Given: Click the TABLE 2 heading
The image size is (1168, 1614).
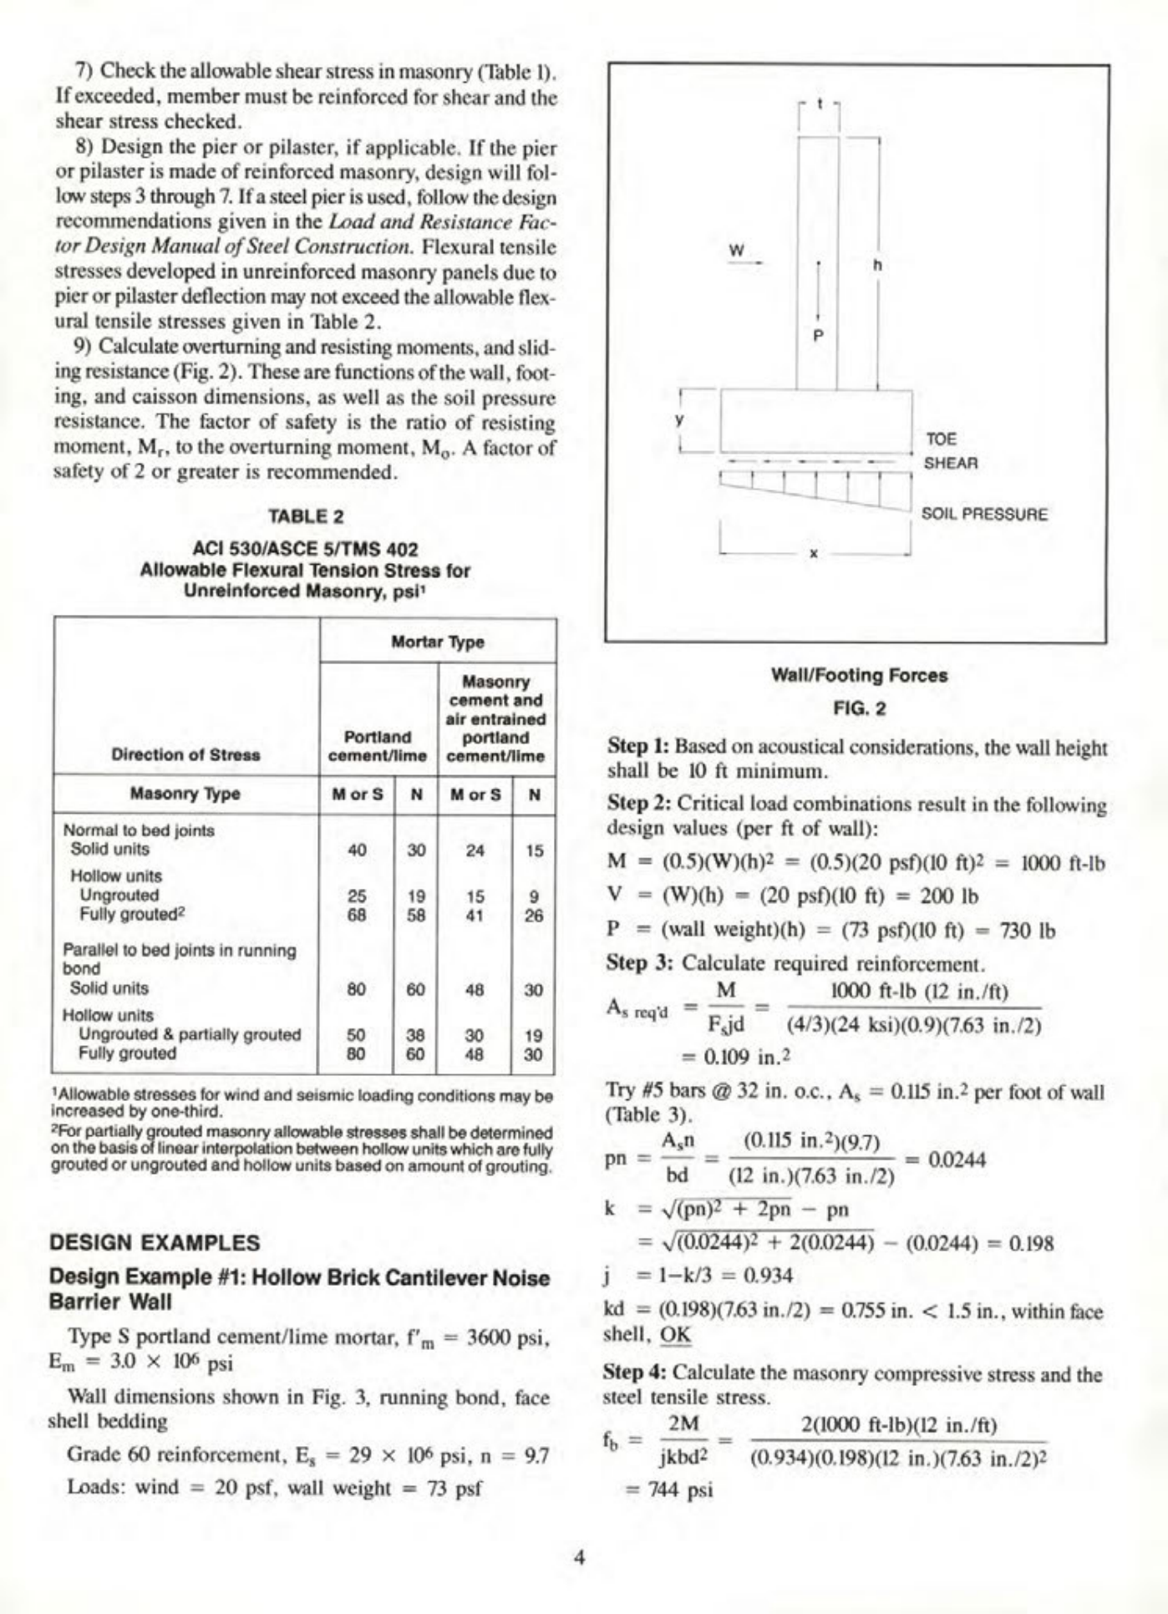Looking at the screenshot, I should click(x=306, y=516).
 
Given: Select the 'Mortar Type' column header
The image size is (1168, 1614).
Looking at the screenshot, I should click(x=438, y=642).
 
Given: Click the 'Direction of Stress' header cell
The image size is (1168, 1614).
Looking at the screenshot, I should click(x=185, y=754).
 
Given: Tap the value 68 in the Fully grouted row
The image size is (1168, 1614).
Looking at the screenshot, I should click(x=357, y=915).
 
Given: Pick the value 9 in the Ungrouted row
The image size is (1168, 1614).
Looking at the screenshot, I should click(x=534, y=896).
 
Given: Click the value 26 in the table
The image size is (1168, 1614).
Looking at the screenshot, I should click(x=534, y=915).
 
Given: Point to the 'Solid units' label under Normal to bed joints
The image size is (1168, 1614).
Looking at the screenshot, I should click(x=109, y=849).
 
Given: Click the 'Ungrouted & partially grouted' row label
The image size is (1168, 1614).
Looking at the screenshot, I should click(x=190, y=1034).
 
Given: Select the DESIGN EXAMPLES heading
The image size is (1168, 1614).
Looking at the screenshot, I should click(x=155, y=1242).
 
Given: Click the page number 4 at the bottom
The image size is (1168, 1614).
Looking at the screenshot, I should click(x=580, y=1556).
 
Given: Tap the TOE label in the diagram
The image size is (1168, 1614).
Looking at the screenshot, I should click(x=941, y=439).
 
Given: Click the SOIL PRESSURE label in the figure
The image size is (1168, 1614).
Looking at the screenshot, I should click(x=983, y=514).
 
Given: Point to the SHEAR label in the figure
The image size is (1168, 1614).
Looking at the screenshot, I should click(x=951, y=462).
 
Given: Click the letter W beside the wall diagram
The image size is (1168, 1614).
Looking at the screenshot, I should click(x=736, y=250).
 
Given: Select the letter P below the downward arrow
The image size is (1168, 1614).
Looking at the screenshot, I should click(x=818, y=336).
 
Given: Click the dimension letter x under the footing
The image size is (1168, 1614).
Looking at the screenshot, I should click(x=814, y=552).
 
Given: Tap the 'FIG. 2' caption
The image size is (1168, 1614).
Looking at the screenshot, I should click(x=859, y=708).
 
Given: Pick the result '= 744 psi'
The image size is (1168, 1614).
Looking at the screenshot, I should click(x=668, y=1490).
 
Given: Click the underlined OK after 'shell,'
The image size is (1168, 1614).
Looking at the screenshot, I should click(x=676, y=1334).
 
